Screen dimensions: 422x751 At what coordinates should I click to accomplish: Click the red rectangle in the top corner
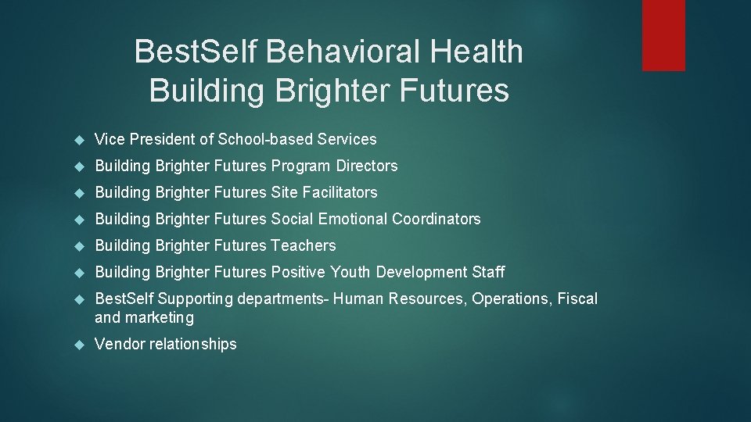663,35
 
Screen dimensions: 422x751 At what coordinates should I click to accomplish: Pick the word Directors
367,166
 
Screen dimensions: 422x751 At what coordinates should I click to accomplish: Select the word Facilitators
339,193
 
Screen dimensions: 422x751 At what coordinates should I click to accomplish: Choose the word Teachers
303,246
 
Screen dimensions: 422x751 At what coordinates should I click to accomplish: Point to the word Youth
350,273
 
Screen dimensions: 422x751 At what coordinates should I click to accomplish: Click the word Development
422,273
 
